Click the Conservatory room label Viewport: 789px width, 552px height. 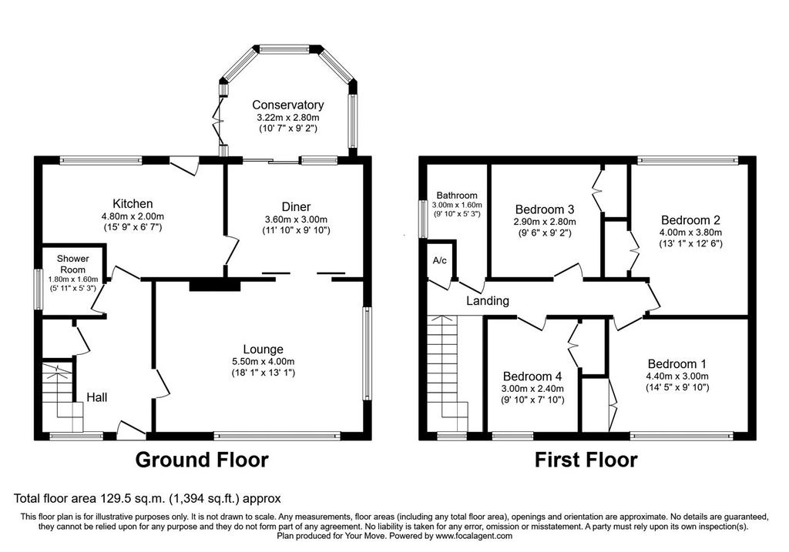pyautogui.click(x=287, y=105)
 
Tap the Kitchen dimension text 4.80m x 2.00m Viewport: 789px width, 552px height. pyautogui.click(x=133, y=216)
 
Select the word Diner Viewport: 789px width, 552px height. pyautogui.click(x=296, y=206)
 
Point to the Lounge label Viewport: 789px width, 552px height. pyautogui.click(x=264, y=349)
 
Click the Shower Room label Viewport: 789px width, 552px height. pyautogui.click(x=73, y=264)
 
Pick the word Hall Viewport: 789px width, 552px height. pyautogui.click(x=96, y=398)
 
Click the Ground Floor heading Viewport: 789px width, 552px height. pyautogui.click(x=202, y=460)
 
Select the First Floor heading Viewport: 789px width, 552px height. pyautogui.click(x=586, y=460)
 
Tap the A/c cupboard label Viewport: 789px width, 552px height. pyautogui.click(x=440, y=260)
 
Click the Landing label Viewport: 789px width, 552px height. pyautogui.click(x=488, y=300)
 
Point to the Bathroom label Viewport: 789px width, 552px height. pyautogui.click(x=457, y=195)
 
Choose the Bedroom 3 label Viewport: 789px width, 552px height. pyautogui.click(x=545, y=209)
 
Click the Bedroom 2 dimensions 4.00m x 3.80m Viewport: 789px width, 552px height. pyautogui.click(x=690, y=233)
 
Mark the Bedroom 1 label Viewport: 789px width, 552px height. pyautogui.click(x=677, y=363)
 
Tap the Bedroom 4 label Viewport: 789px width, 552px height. pyautogui.click(x=532, y=376)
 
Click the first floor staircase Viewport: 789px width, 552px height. pyautogui.click(x=448, y=373)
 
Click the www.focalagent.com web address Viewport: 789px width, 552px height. pyautogui.click(x=474, y=536)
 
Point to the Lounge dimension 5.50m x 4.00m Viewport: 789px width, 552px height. pyautogui.click(x=264, y=362)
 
